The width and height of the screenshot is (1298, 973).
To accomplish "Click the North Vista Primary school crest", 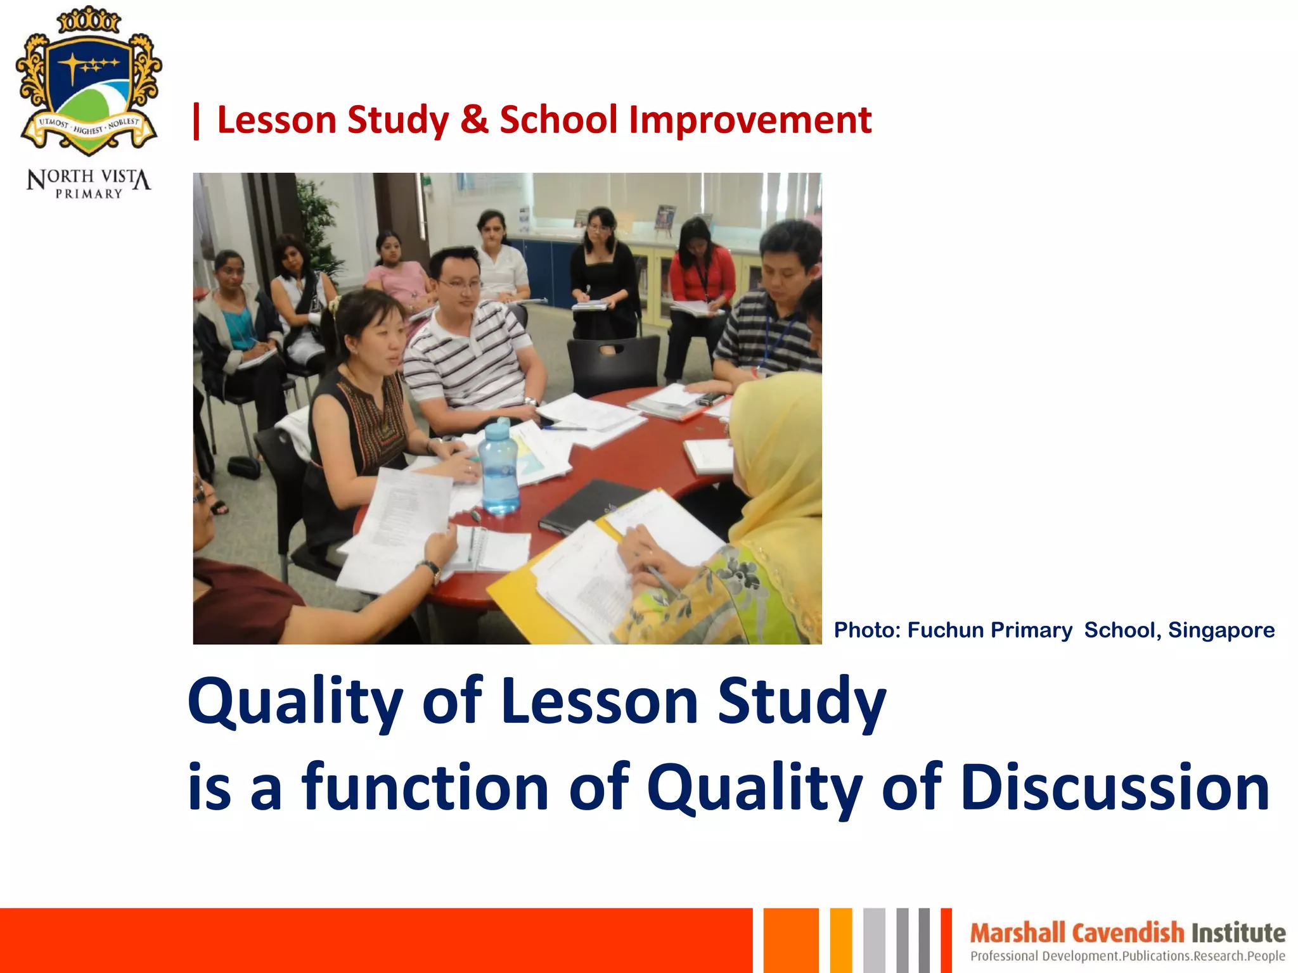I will [x=89, y=82].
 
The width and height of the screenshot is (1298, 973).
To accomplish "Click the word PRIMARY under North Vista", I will [x=89, y=194].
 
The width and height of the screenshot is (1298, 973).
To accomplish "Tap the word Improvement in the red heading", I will [x=750, y=120].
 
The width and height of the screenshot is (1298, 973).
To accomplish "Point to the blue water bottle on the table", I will [x=498, y=469].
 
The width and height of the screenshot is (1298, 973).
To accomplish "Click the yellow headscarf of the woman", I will [x=776, y=456].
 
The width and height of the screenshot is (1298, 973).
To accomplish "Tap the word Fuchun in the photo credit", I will [x=945, y=630].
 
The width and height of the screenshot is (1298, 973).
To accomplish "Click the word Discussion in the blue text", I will [x=1115, y=787].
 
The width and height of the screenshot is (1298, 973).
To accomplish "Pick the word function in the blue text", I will [x=425, y=787].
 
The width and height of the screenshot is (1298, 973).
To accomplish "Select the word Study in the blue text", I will [x=801, y=702].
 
